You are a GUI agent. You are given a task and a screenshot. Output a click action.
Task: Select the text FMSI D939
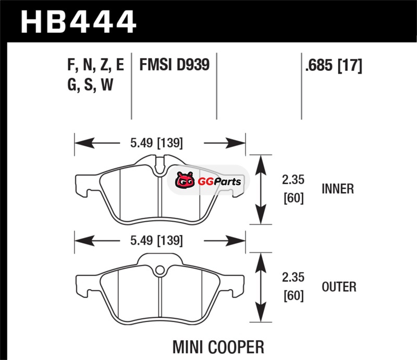[174, 65]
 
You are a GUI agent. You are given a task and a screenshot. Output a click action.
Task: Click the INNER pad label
[338, 189]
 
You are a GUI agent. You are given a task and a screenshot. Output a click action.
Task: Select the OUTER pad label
[339, 287]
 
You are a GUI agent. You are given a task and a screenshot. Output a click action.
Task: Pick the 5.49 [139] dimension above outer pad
[156, 241]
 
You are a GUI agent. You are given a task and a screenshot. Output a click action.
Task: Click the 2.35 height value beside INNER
[292, 181]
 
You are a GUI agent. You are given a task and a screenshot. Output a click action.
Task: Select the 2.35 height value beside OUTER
[292, 279]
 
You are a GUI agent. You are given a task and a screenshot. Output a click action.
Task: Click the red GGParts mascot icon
[184, 181]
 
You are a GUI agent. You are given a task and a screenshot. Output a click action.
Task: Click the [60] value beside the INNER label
[292, 198]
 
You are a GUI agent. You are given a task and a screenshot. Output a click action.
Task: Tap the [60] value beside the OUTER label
[292, 297]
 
